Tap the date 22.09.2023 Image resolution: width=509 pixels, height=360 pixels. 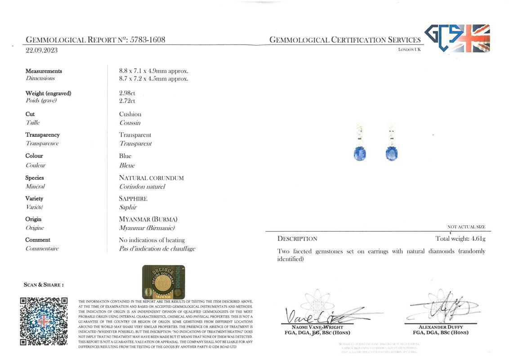click(x=42, y=50)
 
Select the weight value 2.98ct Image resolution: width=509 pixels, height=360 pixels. click(x=127, y=93)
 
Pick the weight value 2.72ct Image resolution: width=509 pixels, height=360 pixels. click(x=127, y=101)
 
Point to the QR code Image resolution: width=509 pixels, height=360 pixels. click(x=44, y=321)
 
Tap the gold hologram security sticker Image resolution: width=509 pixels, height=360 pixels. click(x=164, y=282)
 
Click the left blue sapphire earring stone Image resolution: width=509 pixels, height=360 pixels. click(x=360, y=153)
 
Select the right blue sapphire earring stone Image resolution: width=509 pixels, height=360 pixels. click(x=391, y=153)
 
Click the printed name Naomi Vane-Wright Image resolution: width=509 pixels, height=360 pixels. click(x=317, y=327)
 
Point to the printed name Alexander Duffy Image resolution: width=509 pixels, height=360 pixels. click(x=440, y=327)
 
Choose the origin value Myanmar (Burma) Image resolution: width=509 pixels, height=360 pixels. click(x=148, y=219)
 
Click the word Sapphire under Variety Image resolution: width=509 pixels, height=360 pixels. click(x=133, y=198)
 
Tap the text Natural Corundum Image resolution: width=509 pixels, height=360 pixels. click(x=151, y=178)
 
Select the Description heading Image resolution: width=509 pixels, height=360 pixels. click(x=297, y=238)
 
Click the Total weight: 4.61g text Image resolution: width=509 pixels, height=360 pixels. click(x=460, y=238)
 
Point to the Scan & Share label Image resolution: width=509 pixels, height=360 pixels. click(x=43, y=285)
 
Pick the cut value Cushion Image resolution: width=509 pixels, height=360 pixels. click(x=130, y=114)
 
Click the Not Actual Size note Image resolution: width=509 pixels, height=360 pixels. click(x=466, y=227)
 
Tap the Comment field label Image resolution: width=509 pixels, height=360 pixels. click(x=38, y=240)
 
